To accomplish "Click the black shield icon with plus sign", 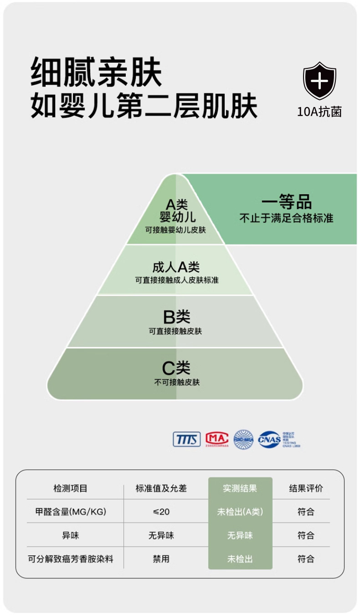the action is click(319, 81).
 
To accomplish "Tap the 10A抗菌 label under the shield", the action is click(319, 112).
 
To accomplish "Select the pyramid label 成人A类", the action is click(176, 267).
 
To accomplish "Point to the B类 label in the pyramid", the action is click(176, 317).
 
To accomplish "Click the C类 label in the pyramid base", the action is click(176, 367).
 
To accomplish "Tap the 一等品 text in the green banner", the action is click(286, 202).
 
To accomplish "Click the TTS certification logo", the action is click(186, 439).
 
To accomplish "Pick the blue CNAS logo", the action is click(269, 439).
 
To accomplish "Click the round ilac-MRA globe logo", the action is click(243, 439).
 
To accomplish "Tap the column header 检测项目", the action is click(70, 488).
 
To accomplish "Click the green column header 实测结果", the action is click(240, 488).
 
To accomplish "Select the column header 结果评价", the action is click(306, 488).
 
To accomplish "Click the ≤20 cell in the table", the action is click(161, 512).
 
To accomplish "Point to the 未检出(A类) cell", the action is click(240, 512).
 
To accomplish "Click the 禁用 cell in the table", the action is click(161, 559).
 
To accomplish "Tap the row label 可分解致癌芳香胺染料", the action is click(70, 559).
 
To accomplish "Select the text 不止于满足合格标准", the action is click(286, 218).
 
